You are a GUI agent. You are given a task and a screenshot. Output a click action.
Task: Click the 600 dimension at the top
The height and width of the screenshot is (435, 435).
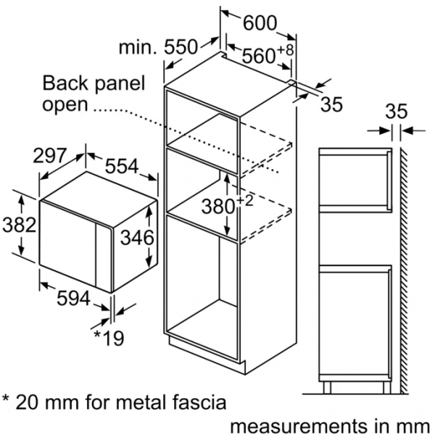point(260,23)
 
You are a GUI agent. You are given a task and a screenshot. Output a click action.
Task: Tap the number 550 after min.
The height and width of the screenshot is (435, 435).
point(181,47)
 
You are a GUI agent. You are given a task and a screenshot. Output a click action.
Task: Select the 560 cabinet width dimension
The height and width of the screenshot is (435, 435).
point(259,56)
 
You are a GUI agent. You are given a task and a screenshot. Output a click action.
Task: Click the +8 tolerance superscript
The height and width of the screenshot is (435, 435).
point(285,50)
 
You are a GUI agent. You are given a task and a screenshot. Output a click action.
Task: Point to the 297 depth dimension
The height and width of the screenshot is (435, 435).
point(50,156)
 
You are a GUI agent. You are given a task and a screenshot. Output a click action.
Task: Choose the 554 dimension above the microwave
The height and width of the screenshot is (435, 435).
point(122,167)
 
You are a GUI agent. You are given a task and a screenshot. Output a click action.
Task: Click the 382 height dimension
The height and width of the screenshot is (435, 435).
point(19,225)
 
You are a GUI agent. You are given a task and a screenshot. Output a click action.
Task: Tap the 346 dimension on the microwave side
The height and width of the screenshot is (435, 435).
point(137,238)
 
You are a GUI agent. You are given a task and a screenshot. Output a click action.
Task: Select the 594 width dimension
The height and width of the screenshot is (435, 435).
point(73,299)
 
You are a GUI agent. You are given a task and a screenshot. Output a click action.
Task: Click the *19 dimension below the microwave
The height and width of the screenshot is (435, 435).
point(109,338)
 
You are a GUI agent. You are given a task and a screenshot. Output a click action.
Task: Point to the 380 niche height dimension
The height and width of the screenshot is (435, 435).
point(218,207)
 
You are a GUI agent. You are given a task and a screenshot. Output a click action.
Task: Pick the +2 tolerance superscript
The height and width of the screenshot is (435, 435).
point(245,201)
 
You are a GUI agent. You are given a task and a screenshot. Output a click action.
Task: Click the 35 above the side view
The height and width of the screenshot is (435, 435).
point(397,112)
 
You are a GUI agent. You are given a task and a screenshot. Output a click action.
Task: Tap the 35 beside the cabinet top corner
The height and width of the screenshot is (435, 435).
point(331,104)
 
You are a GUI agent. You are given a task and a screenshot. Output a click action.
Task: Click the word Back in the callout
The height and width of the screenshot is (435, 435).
point(65,83)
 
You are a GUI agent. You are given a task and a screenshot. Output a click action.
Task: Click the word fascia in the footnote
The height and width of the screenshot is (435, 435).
point(199,402)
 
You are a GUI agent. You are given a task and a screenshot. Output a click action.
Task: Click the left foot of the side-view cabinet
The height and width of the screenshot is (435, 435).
point(328,387)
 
